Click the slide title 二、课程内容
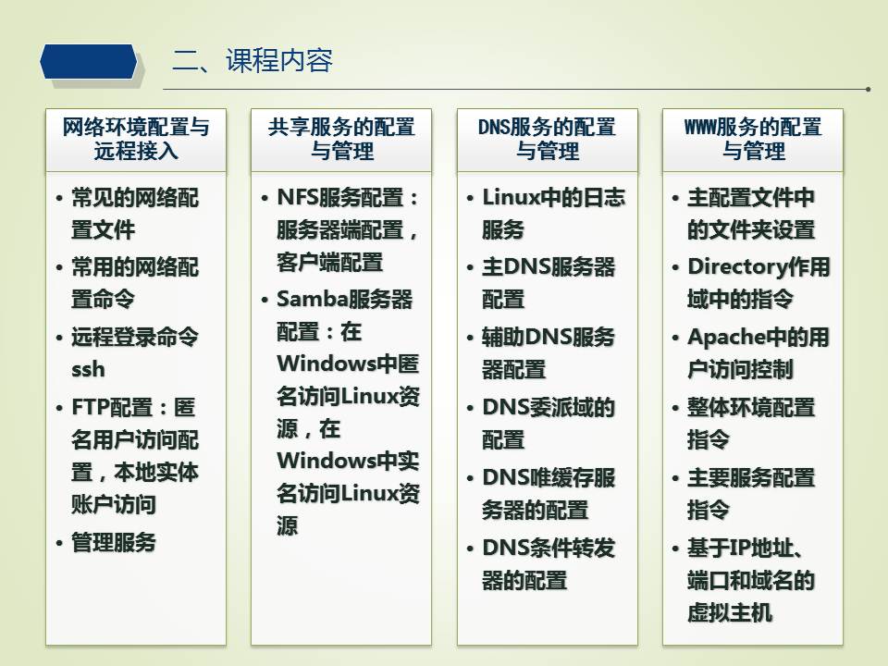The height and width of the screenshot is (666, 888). point(252,60)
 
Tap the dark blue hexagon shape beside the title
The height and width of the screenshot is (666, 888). point(89,61)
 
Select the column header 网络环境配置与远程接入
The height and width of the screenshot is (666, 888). point(136,140)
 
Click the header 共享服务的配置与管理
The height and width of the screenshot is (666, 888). point(341,140)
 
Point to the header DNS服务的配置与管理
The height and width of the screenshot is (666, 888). point(547,140)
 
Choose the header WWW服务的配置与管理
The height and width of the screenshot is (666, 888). point(753,140)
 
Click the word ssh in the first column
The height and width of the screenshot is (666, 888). point(89,369)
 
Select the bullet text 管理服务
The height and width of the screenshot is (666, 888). point(113,543)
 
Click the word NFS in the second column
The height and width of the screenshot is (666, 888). point(297,198)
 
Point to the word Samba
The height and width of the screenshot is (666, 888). point(312,299)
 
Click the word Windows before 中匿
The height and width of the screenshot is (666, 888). point(327,364)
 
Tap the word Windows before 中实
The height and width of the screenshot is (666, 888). point(327,461)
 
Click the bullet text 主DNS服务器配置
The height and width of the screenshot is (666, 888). point(549,283)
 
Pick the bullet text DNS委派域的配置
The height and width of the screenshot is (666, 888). point(549,423)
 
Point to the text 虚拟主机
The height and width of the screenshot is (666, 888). point(730,612)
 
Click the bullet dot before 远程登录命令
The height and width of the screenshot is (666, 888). point(59,339)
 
